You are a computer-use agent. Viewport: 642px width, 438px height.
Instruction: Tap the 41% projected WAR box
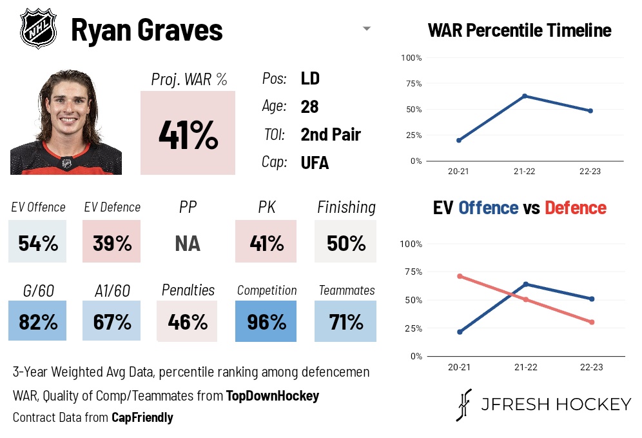click(x=188, y=133)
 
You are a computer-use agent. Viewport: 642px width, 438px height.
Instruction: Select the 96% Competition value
click(x=266, y=321)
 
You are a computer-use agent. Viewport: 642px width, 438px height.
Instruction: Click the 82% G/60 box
click(x=38, y=321)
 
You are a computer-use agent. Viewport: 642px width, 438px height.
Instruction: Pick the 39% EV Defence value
click(x=112, y=243)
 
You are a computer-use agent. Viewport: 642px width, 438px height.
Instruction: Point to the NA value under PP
click(x=188, y=243)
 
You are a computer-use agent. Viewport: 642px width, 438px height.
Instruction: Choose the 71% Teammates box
click(x=345, y=321)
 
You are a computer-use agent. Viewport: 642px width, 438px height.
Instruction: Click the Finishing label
click(x=346, y=207)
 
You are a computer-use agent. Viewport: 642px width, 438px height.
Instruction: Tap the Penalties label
click(x=188, y=290)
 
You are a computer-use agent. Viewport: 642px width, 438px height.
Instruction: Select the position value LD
click(x=310, y=79)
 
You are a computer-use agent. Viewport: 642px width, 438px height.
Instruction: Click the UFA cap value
click(x=315, y=163)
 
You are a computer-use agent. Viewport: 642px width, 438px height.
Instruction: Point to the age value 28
click(x=309, y=106)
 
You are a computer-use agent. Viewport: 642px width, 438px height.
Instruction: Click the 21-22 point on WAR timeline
click(x=525, y=96)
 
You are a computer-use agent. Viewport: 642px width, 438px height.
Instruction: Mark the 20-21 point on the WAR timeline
click(x=459, y=140)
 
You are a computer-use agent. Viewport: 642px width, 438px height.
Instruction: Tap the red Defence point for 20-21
click(x=459, y=276)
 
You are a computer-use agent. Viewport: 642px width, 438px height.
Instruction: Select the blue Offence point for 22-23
click(x=591, y=299)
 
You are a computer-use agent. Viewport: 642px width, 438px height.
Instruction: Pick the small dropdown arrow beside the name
click(x=367, y=28)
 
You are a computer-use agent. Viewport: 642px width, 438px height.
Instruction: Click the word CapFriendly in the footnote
click(x=142, y=417)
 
